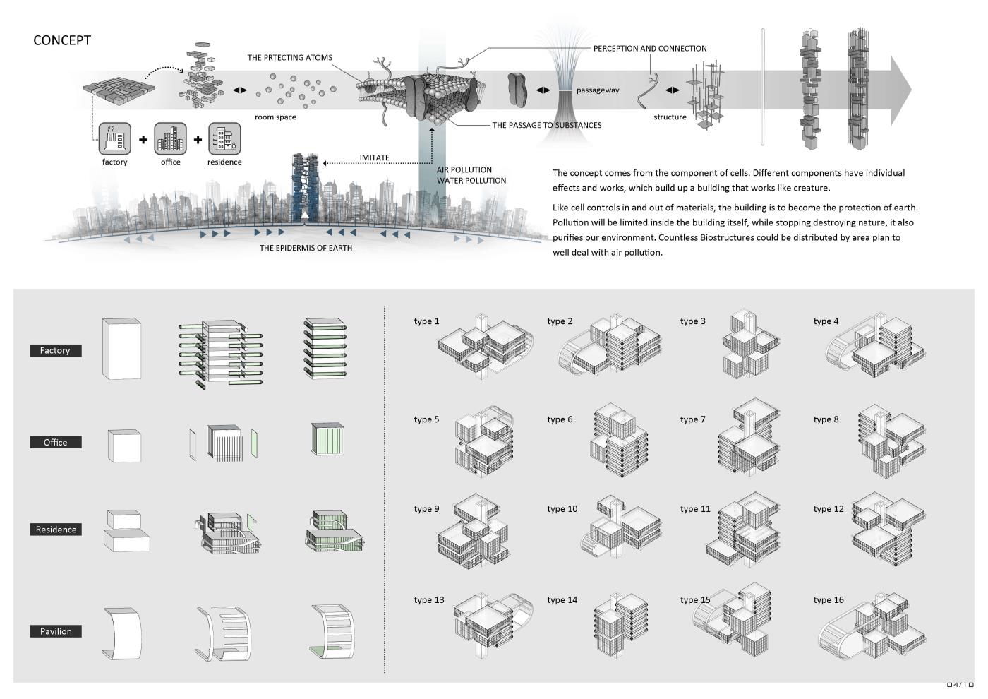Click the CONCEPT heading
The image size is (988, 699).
click(x=62, y=40)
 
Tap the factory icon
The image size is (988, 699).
click(x=114, y=138)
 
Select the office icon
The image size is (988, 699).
click(x=170, y=138)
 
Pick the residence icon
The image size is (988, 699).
click(x=224, y=138)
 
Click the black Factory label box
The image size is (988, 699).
click(x=55, y=350)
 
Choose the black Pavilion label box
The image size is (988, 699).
click(x=55, y=631)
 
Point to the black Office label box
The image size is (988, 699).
click(x=55, y=442)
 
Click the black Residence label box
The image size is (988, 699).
click(x=55, y=530)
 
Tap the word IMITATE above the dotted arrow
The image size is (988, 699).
click(x=374, y=157)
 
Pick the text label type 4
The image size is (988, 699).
click(x=826, y=321)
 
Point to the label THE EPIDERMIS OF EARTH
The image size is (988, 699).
click(x=306, y=248)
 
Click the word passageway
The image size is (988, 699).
click(x=598, y=90)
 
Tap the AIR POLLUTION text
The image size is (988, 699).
click(x=464, y=169)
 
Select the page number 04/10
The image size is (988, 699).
click(x=960, y=685)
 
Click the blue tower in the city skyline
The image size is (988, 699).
click(x=306, y=187)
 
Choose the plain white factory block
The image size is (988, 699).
click(x=121, y=349)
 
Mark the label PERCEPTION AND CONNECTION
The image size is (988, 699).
click(x=649, y=49)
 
